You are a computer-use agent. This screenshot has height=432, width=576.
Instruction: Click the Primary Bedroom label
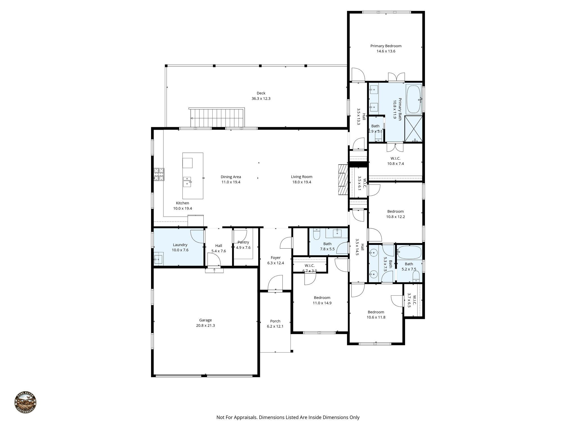(386, 46)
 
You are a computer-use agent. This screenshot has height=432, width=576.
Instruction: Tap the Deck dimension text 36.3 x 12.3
(261, 99)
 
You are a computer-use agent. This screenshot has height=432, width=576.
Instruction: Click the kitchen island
(193, 176)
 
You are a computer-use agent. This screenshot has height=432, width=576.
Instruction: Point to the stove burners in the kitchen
(159, 174)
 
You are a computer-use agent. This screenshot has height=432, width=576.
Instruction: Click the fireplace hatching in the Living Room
(342, 183)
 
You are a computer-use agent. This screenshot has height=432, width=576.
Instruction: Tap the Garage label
(205, 320)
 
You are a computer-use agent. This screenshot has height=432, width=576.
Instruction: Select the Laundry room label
(180, 245)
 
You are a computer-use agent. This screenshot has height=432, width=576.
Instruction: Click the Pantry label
(243, 242)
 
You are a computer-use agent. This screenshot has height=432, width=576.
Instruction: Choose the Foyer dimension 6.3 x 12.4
(275, 263)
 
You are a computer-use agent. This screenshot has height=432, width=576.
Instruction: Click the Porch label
(275, 321)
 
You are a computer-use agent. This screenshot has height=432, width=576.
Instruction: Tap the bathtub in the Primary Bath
(413, 99)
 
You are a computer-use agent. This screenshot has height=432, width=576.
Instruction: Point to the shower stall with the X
(413, 129)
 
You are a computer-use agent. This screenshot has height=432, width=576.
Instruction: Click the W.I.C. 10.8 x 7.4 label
(395, 159)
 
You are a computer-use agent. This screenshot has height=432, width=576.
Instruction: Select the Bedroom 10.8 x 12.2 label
(395, 211)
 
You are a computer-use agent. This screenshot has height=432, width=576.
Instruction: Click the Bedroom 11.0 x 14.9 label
(322, 298)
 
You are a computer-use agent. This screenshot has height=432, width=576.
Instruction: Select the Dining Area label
(231, 177)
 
